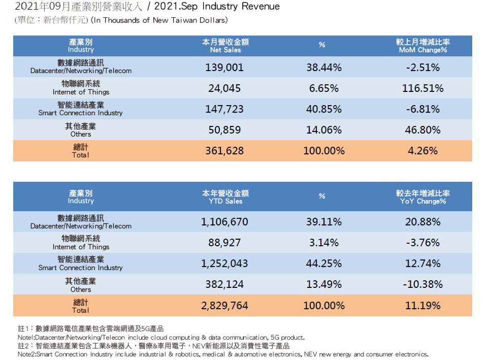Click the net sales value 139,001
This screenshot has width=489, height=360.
point(224,67)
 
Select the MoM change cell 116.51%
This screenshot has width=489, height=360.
point(422,88)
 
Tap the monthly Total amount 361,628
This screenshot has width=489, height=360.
point(224,151)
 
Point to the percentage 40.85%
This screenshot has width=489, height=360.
point(323,109)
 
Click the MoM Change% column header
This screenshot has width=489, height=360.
point(422,46)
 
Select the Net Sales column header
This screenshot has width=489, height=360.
point(225,46)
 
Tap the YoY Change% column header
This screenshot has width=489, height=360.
point(422,197)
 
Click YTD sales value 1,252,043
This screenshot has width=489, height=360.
point(224,264)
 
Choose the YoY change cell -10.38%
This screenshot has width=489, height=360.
point(422,284)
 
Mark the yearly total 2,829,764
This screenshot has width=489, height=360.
point(224,306)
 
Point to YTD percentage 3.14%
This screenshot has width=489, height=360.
point(323,243)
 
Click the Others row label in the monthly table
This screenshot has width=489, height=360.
point(81,130)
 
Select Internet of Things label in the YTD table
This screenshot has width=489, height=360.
point(81,243)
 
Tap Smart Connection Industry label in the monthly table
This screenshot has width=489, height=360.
point(81,109)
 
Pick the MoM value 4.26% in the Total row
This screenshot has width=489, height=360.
point(422,151)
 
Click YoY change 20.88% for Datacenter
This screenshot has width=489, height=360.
point(422,222)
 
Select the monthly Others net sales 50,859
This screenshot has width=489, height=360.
point(224,130)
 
